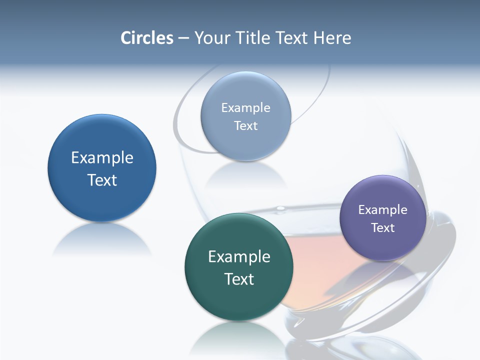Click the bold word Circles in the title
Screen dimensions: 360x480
[x=147, y=38]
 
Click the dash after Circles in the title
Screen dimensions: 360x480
[x=183, y=38]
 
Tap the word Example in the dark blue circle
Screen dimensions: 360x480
[x=102, y=158]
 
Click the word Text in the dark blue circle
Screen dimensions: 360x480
[x=102, y=180]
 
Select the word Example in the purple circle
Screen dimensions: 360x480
[x=383, y=209]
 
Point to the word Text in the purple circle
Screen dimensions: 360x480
[x=383, y=228]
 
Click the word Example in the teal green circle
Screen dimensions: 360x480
[x=239, y=257]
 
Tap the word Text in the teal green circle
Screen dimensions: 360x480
[x=239, y=279]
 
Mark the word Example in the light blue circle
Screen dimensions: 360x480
[x=245, y=107]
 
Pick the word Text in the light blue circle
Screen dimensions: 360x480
[x=245, y=125]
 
